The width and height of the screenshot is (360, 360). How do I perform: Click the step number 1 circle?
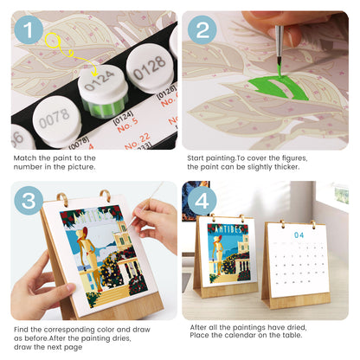tap(29, 32)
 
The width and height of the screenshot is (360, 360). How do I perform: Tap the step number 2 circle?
tap(202, 32)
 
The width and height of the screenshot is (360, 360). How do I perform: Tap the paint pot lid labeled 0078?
tap(53, 113)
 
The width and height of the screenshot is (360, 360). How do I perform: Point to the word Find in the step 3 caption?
tap(22, 330)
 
